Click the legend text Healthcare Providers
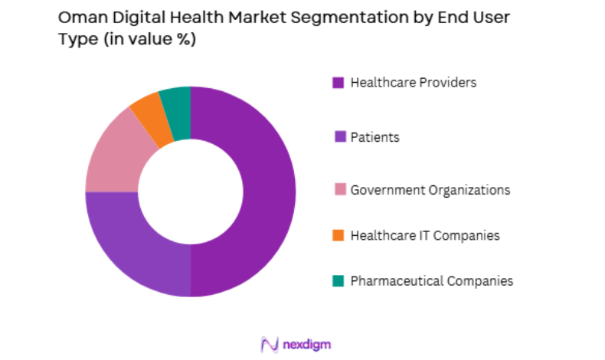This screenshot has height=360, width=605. coord(413,83)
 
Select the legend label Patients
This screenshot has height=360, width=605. coord(374,138)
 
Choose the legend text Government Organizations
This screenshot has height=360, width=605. coord(430,189)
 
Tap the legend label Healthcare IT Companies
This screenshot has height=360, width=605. coord(424,235)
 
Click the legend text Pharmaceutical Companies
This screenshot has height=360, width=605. coord(431,281)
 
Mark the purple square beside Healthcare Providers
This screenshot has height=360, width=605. coord(338,83)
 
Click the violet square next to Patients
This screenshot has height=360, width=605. coord(338,138)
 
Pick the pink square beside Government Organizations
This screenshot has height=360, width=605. coord(338,189)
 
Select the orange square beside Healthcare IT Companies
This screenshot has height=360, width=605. coord(338,235)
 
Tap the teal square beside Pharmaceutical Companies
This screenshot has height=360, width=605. coord(338,281)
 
